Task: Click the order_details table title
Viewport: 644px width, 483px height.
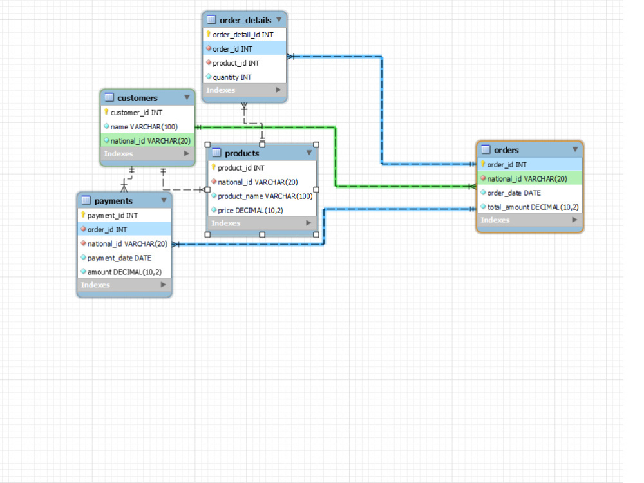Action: pos(245,20)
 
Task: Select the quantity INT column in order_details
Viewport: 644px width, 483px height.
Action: pos(232,77)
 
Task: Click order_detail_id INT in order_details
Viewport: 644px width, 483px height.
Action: pos(243,35)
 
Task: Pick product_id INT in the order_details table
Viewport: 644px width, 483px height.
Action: pos(236,63)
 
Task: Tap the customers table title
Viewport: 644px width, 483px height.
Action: pos(137,98)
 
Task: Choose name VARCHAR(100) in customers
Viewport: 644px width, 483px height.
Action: pos(144,127)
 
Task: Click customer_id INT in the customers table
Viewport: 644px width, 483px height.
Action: pos(136,113)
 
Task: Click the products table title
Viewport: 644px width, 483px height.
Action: pos(242,154)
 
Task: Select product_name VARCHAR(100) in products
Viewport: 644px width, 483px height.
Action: pos(265,196)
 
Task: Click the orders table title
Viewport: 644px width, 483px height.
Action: pos(506,150)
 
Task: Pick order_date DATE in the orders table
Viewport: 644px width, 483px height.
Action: pos(514,193)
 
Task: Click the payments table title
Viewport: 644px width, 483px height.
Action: pos(113,201)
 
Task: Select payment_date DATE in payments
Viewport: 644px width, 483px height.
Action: pos(119,258)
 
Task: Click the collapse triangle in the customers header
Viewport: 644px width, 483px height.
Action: pos(187,97)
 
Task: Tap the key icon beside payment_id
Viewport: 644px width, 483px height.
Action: pos(83,215)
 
